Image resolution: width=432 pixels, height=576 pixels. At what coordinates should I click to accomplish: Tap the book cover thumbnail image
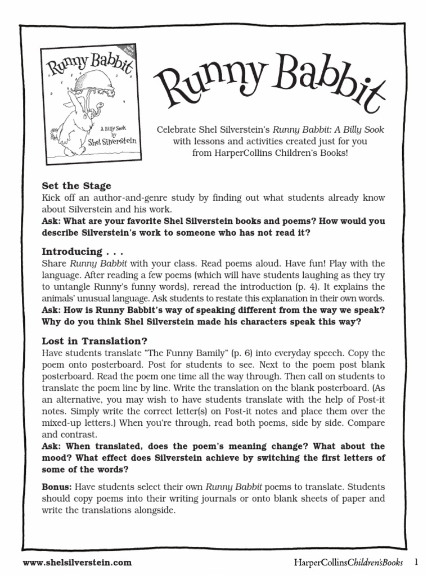coord(91,102)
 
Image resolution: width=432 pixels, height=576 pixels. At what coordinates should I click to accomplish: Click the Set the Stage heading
coord(77,186)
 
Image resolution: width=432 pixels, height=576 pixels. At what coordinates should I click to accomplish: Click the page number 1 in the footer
coord(417,561)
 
